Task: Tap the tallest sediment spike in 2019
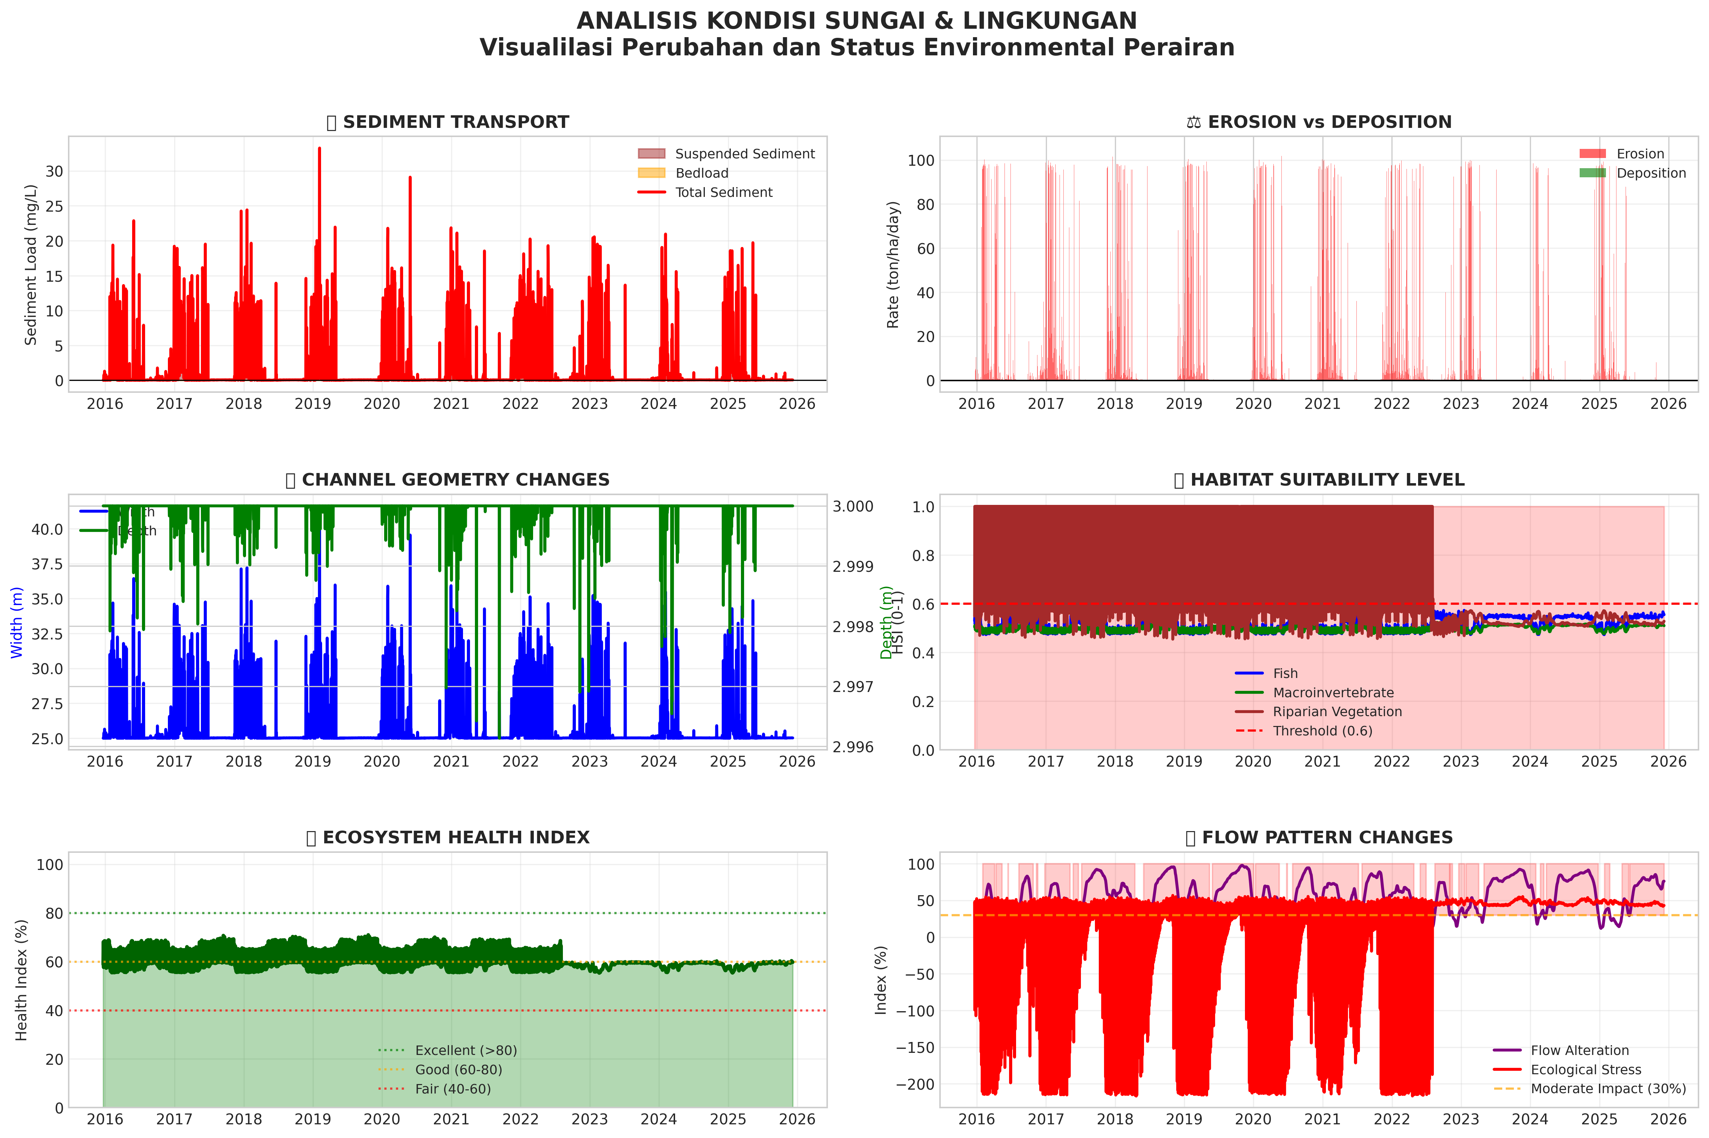(x=319, y=149)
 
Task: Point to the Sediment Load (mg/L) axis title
(x=30, y=265)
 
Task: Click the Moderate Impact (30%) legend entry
(x=1607, y=1089)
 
